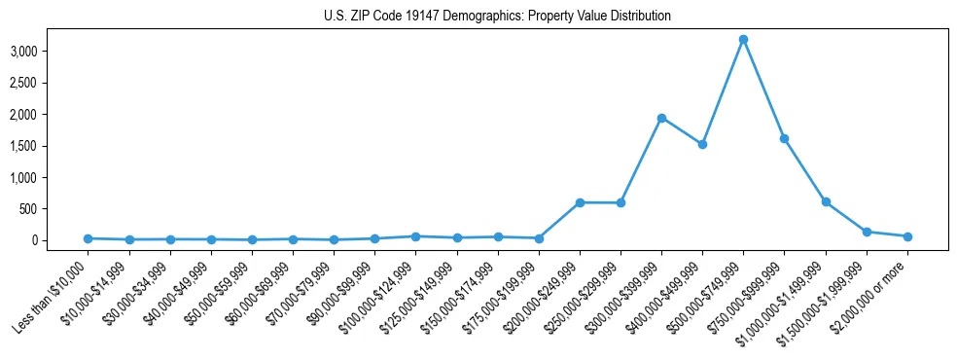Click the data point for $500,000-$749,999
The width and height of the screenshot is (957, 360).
[x=743, y=40]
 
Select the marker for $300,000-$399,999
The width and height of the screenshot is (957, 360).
[x=661, y=118]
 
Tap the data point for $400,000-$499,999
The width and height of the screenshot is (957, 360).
[x=702, y=144]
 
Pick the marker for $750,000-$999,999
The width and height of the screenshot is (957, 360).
[x=784, y=139]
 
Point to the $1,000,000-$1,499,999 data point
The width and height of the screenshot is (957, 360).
[x=826, y=201]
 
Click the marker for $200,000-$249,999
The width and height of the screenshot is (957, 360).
[x=580, y=202]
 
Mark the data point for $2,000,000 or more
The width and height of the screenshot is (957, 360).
[x=907, y=236]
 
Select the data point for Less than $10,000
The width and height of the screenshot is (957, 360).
[x=88, y=238]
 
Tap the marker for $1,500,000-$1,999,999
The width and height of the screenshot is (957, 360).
[x=867, y=232]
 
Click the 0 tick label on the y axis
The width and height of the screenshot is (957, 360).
[x=62, y=240]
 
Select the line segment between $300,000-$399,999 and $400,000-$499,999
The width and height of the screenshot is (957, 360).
[x=682, y=131]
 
